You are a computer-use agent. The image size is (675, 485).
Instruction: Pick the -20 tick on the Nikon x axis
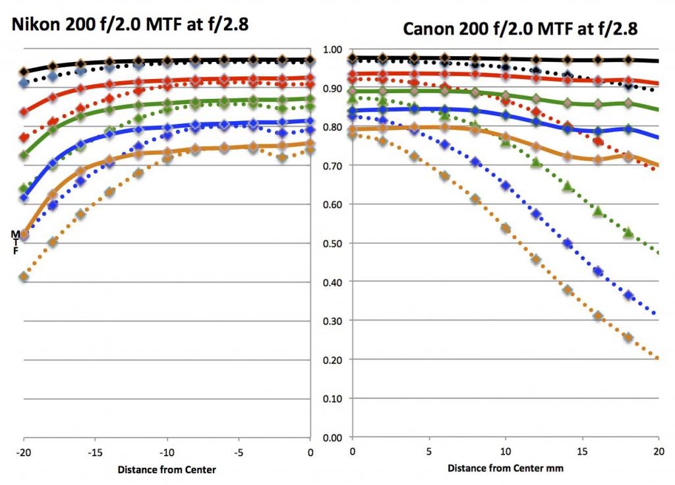point(24,453)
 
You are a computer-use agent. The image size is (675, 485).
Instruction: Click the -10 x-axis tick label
point(167,453)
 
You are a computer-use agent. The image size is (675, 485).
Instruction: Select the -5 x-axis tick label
point(239,453)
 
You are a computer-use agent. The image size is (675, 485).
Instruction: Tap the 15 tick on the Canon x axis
point(582,453)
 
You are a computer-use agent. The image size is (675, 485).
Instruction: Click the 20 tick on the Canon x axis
point(659,453)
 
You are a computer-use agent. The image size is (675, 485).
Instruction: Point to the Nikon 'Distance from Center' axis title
point(167,470)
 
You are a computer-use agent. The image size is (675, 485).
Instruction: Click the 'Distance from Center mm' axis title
point(506,469)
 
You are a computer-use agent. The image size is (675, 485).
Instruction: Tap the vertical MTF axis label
point(15,242)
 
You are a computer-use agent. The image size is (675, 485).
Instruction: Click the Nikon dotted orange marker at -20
point(24,277)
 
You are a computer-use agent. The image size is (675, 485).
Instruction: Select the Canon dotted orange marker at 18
point(628,337)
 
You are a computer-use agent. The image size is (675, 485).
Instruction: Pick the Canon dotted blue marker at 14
point(568,244)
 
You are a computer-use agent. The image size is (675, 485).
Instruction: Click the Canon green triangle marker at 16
point(598,212)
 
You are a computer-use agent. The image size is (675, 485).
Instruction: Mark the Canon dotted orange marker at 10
point(506,228)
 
